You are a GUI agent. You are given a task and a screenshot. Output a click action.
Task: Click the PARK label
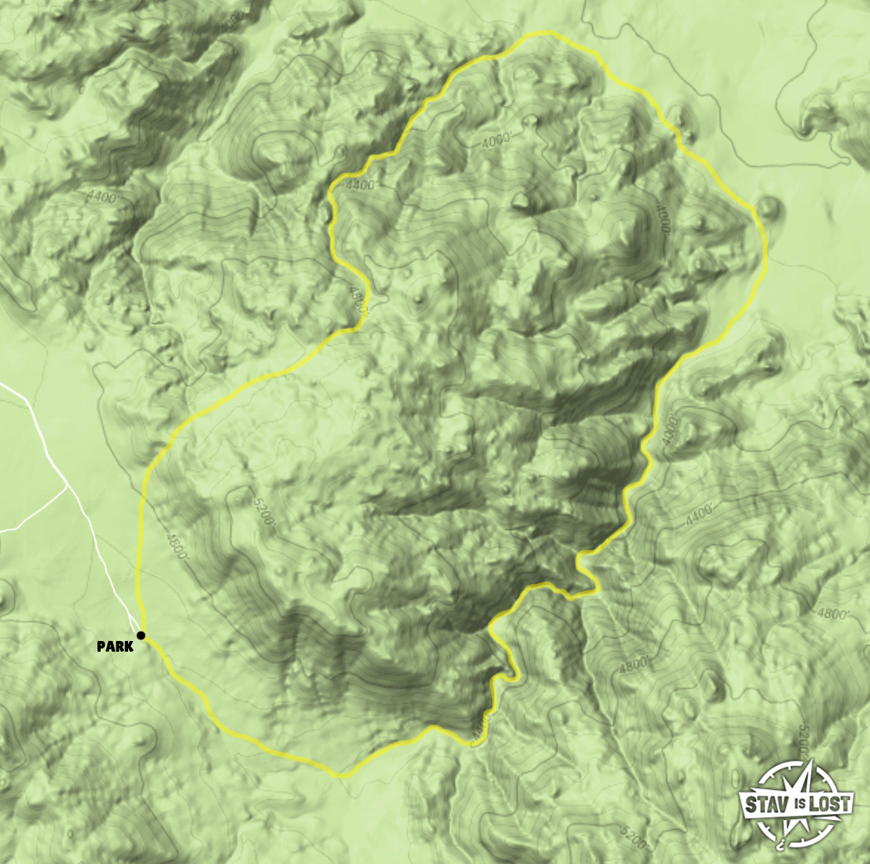[x=115, y=646]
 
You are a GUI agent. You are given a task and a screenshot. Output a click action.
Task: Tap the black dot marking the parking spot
[x=141, y=636]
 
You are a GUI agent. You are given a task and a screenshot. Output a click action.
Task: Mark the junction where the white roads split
[x=67, y=485]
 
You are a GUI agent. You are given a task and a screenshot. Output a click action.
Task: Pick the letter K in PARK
[x=128, y=646]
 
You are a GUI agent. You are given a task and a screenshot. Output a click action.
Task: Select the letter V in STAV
[x=782, y=805]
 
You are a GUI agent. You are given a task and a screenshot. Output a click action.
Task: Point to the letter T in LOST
[x=844, y=805]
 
